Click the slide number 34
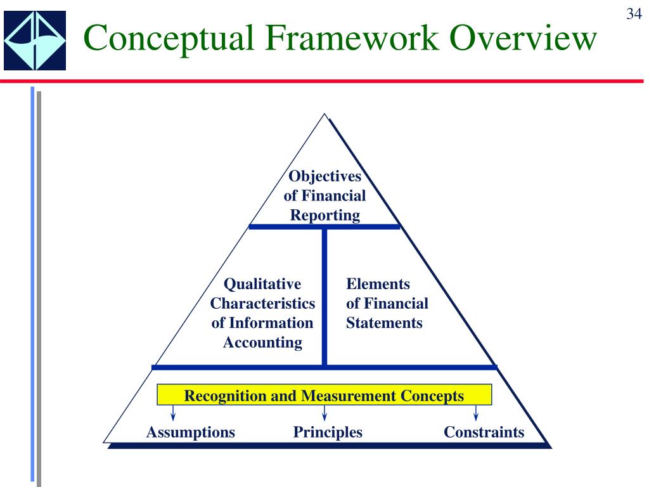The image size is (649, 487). click(x=634, y=14)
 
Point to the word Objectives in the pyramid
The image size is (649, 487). click(x=324, y=176)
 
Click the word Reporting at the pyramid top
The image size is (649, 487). click(x=324, y=215)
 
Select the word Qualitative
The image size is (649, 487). click(x=262, y=284)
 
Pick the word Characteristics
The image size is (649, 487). click(x=262, y=304)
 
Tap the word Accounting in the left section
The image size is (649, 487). click(x=262, y=343)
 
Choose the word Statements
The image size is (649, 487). click(x=384, y=323)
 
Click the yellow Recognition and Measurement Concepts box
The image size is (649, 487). click(x=324, y=396)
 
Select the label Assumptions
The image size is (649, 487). click(x=190, y=432)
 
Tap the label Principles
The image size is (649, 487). click(x=328, y=432)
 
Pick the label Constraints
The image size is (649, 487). click(x=484, y=432)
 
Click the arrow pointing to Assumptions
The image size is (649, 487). click(x=172, y=413)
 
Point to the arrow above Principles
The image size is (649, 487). click(x=324, y=413)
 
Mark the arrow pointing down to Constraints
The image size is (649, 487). click(x=476, y=413)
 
